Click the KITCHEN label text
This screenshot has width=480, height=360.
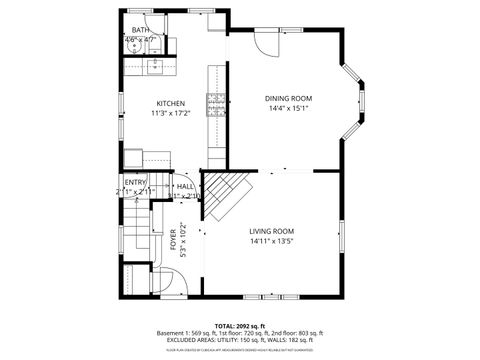coord(169,103)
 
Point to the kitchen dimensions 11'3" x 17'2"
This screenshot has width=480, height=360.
coord(169,113)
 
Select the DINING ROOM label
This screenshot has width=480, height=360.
coord(288,98)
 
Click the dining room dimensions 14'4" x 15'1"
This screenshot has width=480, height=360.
coord(288,108)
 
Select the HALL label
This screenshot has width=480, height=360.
coord(186,186)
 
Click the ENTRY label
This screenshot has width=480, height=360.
coord(135,181)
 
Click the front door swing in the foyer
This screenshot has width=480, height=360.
coord(167,281)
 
